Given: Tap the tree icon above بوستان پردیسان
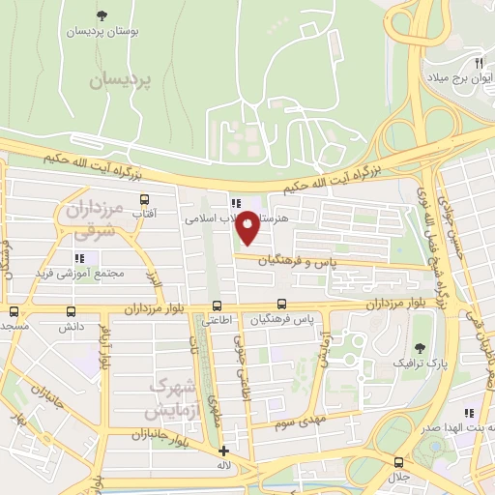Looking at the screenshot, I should coord(102,15).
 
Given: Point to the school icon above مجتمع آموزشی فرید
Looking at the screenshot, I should coord(80,258).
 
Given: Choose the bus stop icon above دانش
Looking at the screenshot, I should coord(71,311).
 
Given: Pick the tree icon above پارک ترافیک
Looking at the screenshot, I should coord(419,348).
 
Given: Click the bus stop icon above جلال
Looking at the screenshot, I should coord(397,462).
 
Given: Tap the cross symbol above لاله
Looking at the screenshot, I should coord(224,451).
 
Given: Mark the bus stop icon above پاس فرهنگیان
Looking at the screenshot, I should coord(280,304).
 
